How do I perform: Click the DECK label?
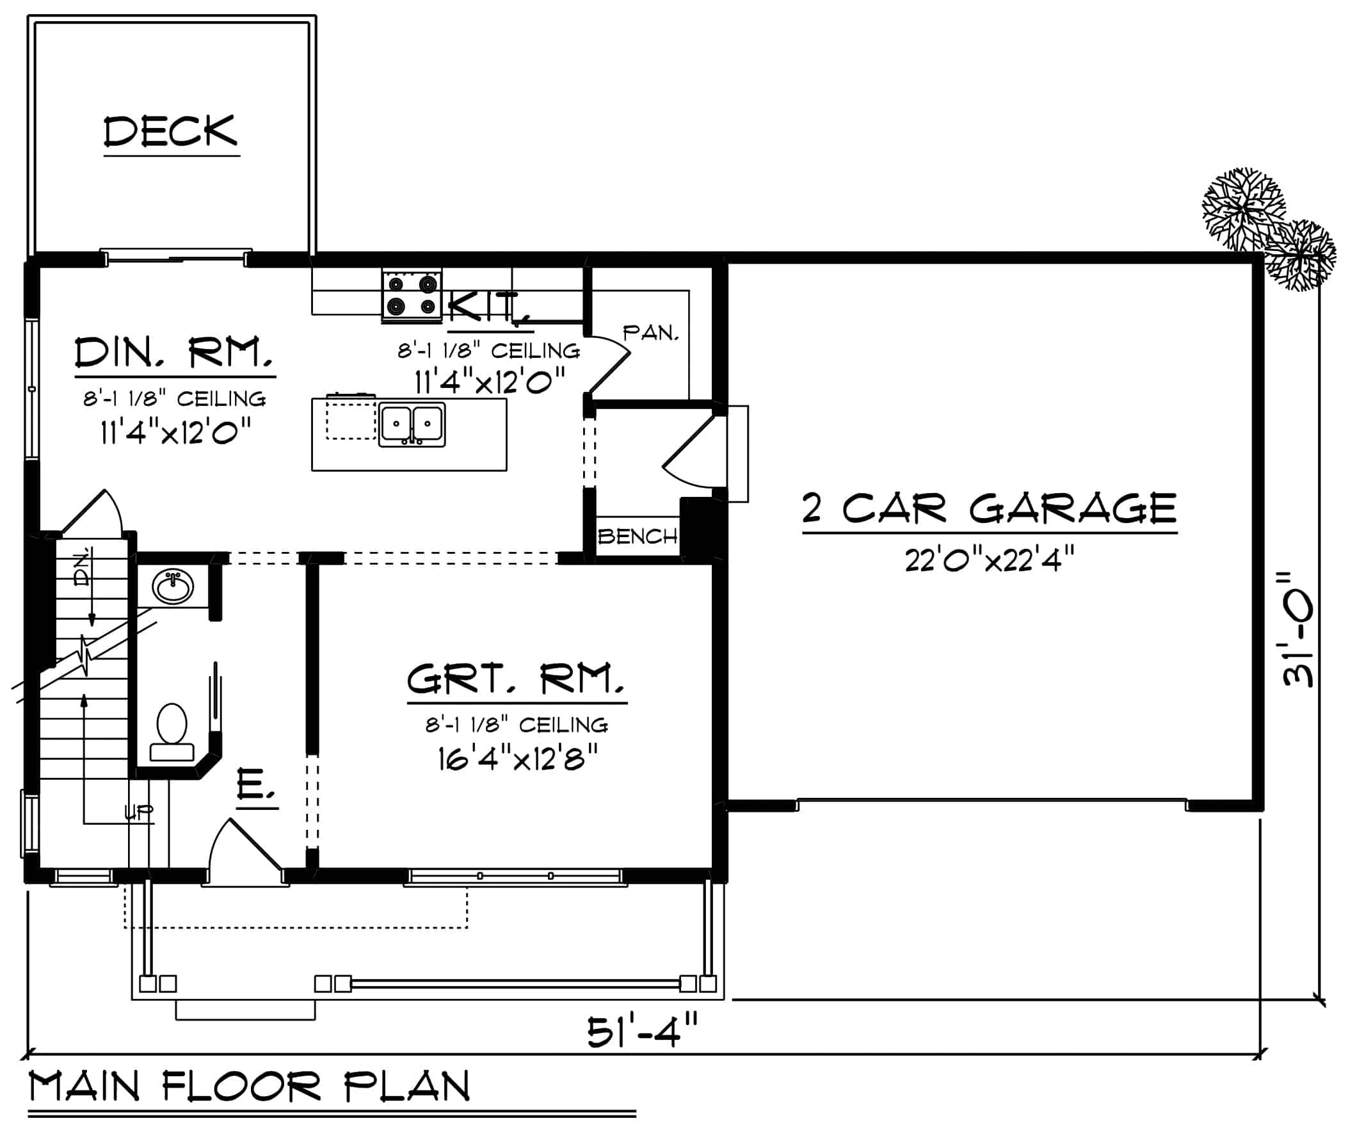pos(171,132)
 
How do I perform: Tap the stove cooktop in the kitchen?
pos(412,295)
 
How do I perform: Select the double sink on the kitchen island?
pos(412,424)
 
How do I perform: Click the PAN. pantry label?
pos(650,332)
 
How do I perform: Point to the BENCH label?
pos(638,535)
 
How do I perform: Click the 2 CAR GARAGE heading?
pos(989,508)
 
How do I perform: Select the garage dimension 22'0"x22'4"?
pos(989,560)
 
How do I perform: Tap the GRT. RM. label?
pos(516,679)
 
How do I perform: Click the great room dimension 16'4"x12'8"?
pos(517,760)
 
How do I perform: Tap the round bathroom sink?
pos(173,587)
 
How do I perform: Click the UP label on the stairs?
pos(139,814)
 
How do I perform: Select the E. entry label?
pos(255,785)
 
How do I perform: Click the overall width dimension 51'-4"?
pos(641,1032)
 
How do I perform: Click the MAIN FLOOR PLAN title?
pos(250,1087)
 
